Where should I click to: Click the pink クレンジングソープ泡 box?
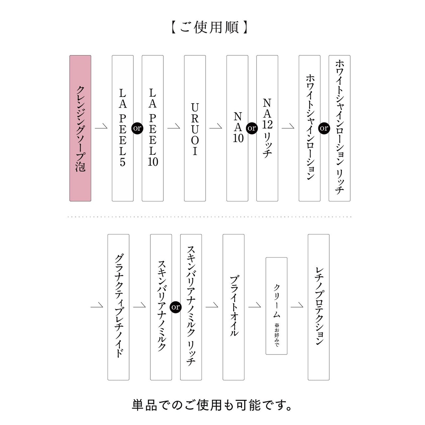80,128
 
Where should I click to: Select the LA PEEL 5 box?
123,128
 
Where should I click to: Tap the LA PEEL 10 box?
153,128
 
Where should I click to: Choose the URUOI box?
195,128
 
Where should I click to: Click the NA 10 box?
237,128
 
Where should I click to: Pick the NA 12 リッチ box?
267,128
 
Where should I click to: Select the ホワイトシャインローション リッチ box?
339,128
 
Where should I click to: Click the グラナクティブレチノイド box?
118,307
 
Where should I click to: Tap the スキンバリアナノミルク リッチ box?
191,307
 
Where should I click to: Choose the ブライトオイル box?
233,307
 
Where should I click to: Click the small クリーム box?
276,306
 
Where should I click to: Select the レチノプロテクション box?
318,307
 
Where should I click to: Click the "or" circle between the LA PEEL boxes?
137,128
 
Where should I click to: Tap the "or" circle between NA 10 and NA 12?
252,128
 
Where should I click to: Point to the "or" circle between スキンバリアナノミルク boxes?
176,307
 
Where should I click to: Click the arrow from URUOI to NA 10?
216,127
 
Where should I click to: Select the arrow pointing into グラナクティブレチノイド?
97,305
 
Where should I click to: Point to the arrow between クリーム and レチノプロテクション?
297,305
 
